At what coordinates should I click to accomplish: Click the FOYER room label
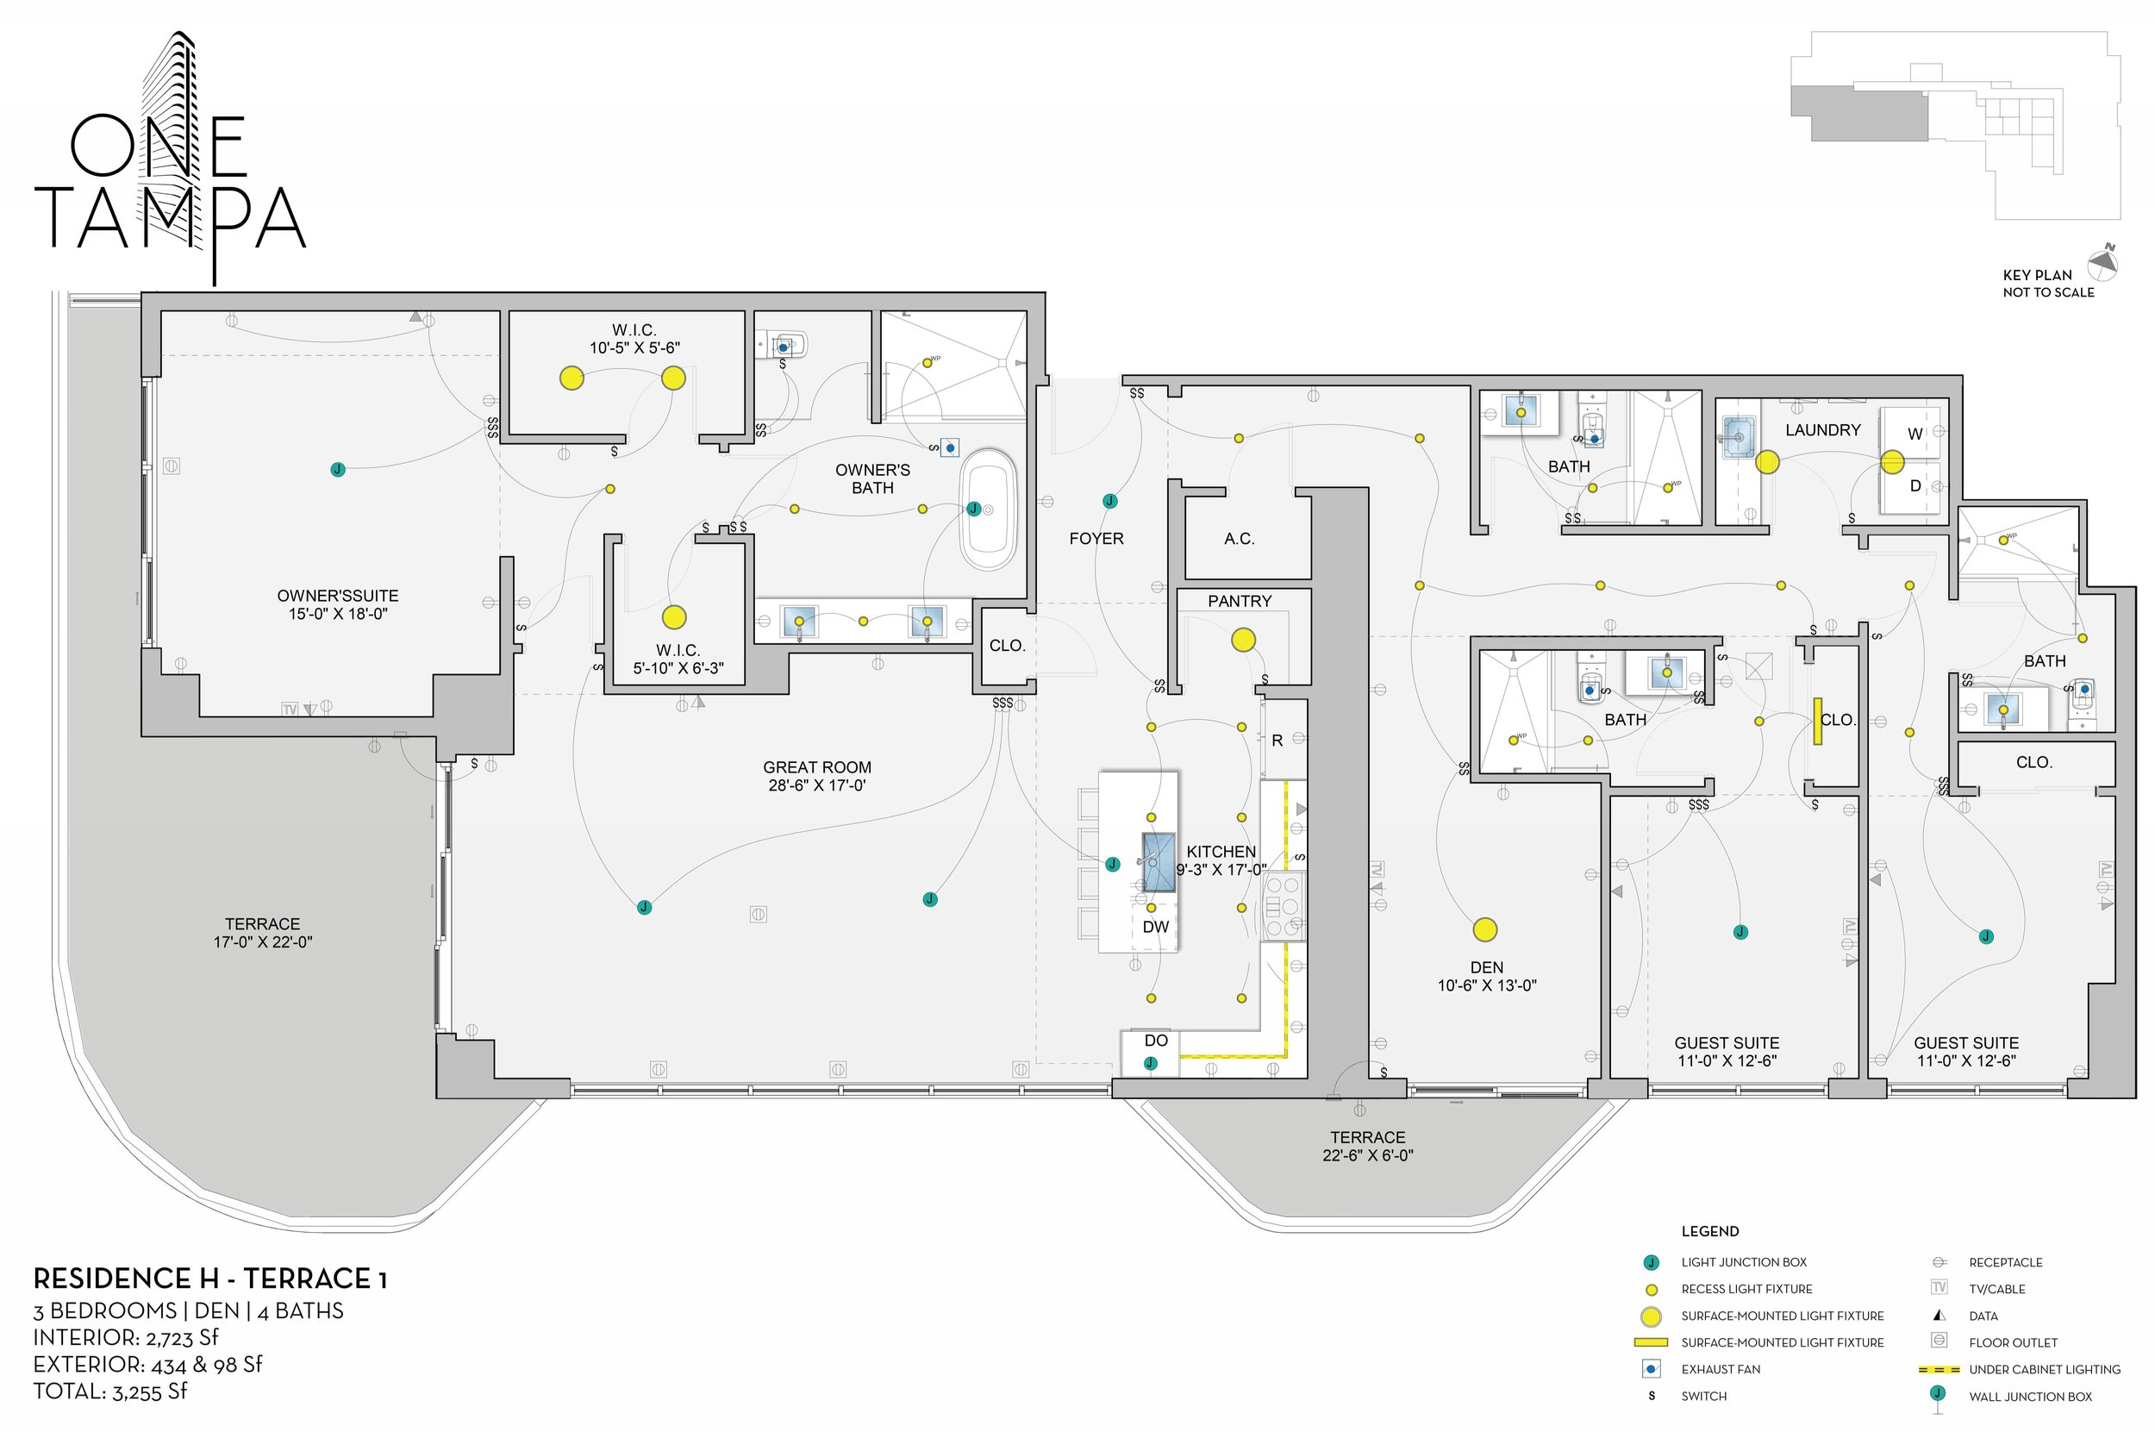pyautogui.click(x=1096, y=539)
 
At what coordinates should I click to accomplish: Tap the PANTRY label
pyautogui.click(x=1240, y=601)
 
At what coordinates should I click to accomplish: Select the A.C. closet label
pyautogui.click(x=1240, y=539)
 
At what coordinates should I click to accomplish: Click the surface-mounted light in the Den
pyautogui.click(x=1484, y=929)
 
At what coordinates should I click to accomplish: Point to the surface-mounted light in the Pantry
pyautogui.click(x=1243, y=641)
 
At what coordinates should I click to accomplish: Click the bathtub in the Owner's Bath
pyautogui.click(x=988, y=510)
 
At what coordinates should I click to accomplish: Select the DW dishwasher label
pyautogui.click(x=1155, y=927)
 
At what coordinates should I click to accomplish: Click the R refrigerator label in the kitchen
pyautogui.click(x=1277, y=741)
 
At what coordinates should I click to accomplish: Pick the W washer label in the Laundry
pyautogui.click(x=1915, y=434)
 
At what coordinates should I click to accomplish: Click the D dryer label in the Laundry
pyautogui.click(x=1915, y=486)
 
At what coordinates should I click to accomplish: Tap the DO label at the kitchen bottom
pyautogui.click(x=1155, y=1041)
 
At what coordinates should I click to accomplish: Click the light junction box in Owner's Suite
pyautogui.click(x=338, y=469)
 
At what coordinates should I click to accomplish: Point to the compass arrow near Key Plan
pyautogui.click(x=2104, y=263)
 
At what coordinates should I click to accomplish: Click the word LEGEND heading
pyautogui.click(x=1709, y=1231)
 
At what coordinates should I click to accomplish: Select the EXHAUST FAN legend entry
pyautogui.click(x=1721, y=1369)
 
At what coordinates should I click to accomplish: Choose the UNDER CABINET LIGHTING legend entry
pyautogui.click(x=2044, y=1369)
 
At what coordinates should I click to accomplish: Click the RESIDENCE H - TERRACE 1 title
pyautogui.click(x=210, y=1279)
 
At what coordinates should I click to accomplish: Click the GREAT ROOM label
pyautogui.click(x=816, y=768)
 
